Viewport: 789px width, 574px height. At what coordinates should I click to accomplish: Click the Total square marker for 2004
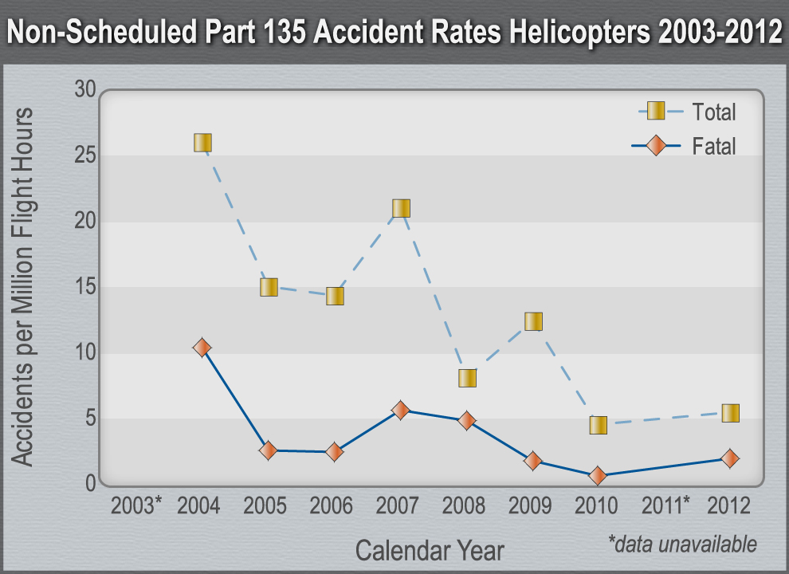(202, 143)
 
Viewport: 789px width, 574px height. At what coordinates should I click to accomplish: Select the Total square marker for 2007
(401, 208)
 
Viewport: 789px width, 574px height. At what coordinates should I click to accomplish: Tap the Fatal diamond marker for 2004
(202, 348)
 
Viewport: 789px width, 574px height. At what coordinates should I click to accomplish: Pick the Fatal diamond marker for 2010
(598, 476)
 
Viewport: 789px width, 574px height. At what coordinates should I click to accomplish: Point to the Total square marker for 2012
(730, 413)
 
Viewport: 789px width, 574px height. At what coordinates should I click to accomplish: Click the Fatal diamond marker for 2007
(401, 410)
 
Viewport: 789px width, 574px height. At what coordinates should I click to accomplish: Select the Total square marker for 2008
(467, 378)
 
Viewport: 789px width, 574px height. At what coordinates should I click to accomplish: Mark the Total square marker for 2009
(533, 321)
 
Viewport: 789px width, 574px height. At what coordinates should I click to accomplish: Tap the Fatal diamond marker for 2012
(730, 458)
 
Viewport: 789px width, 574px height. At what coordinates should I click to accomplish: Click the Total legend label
(714, 112)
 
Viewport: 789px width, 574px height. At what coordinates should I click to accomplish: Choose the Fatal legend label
(714, 147)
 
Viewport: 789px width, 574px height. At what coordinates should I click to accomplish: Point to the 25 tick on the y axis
(85, 155)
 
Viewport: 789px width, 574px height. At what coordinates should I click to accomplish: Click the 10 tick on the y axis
(85, 352)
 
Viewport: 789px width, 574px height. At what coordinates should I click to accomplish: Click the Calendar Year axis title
(430, 550)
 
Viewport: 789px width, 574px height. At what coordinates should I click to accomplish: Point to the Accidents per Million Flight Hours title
(24, 287)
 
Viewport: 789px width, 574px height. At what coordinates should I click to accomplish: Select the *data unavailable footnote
(682, 545)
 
